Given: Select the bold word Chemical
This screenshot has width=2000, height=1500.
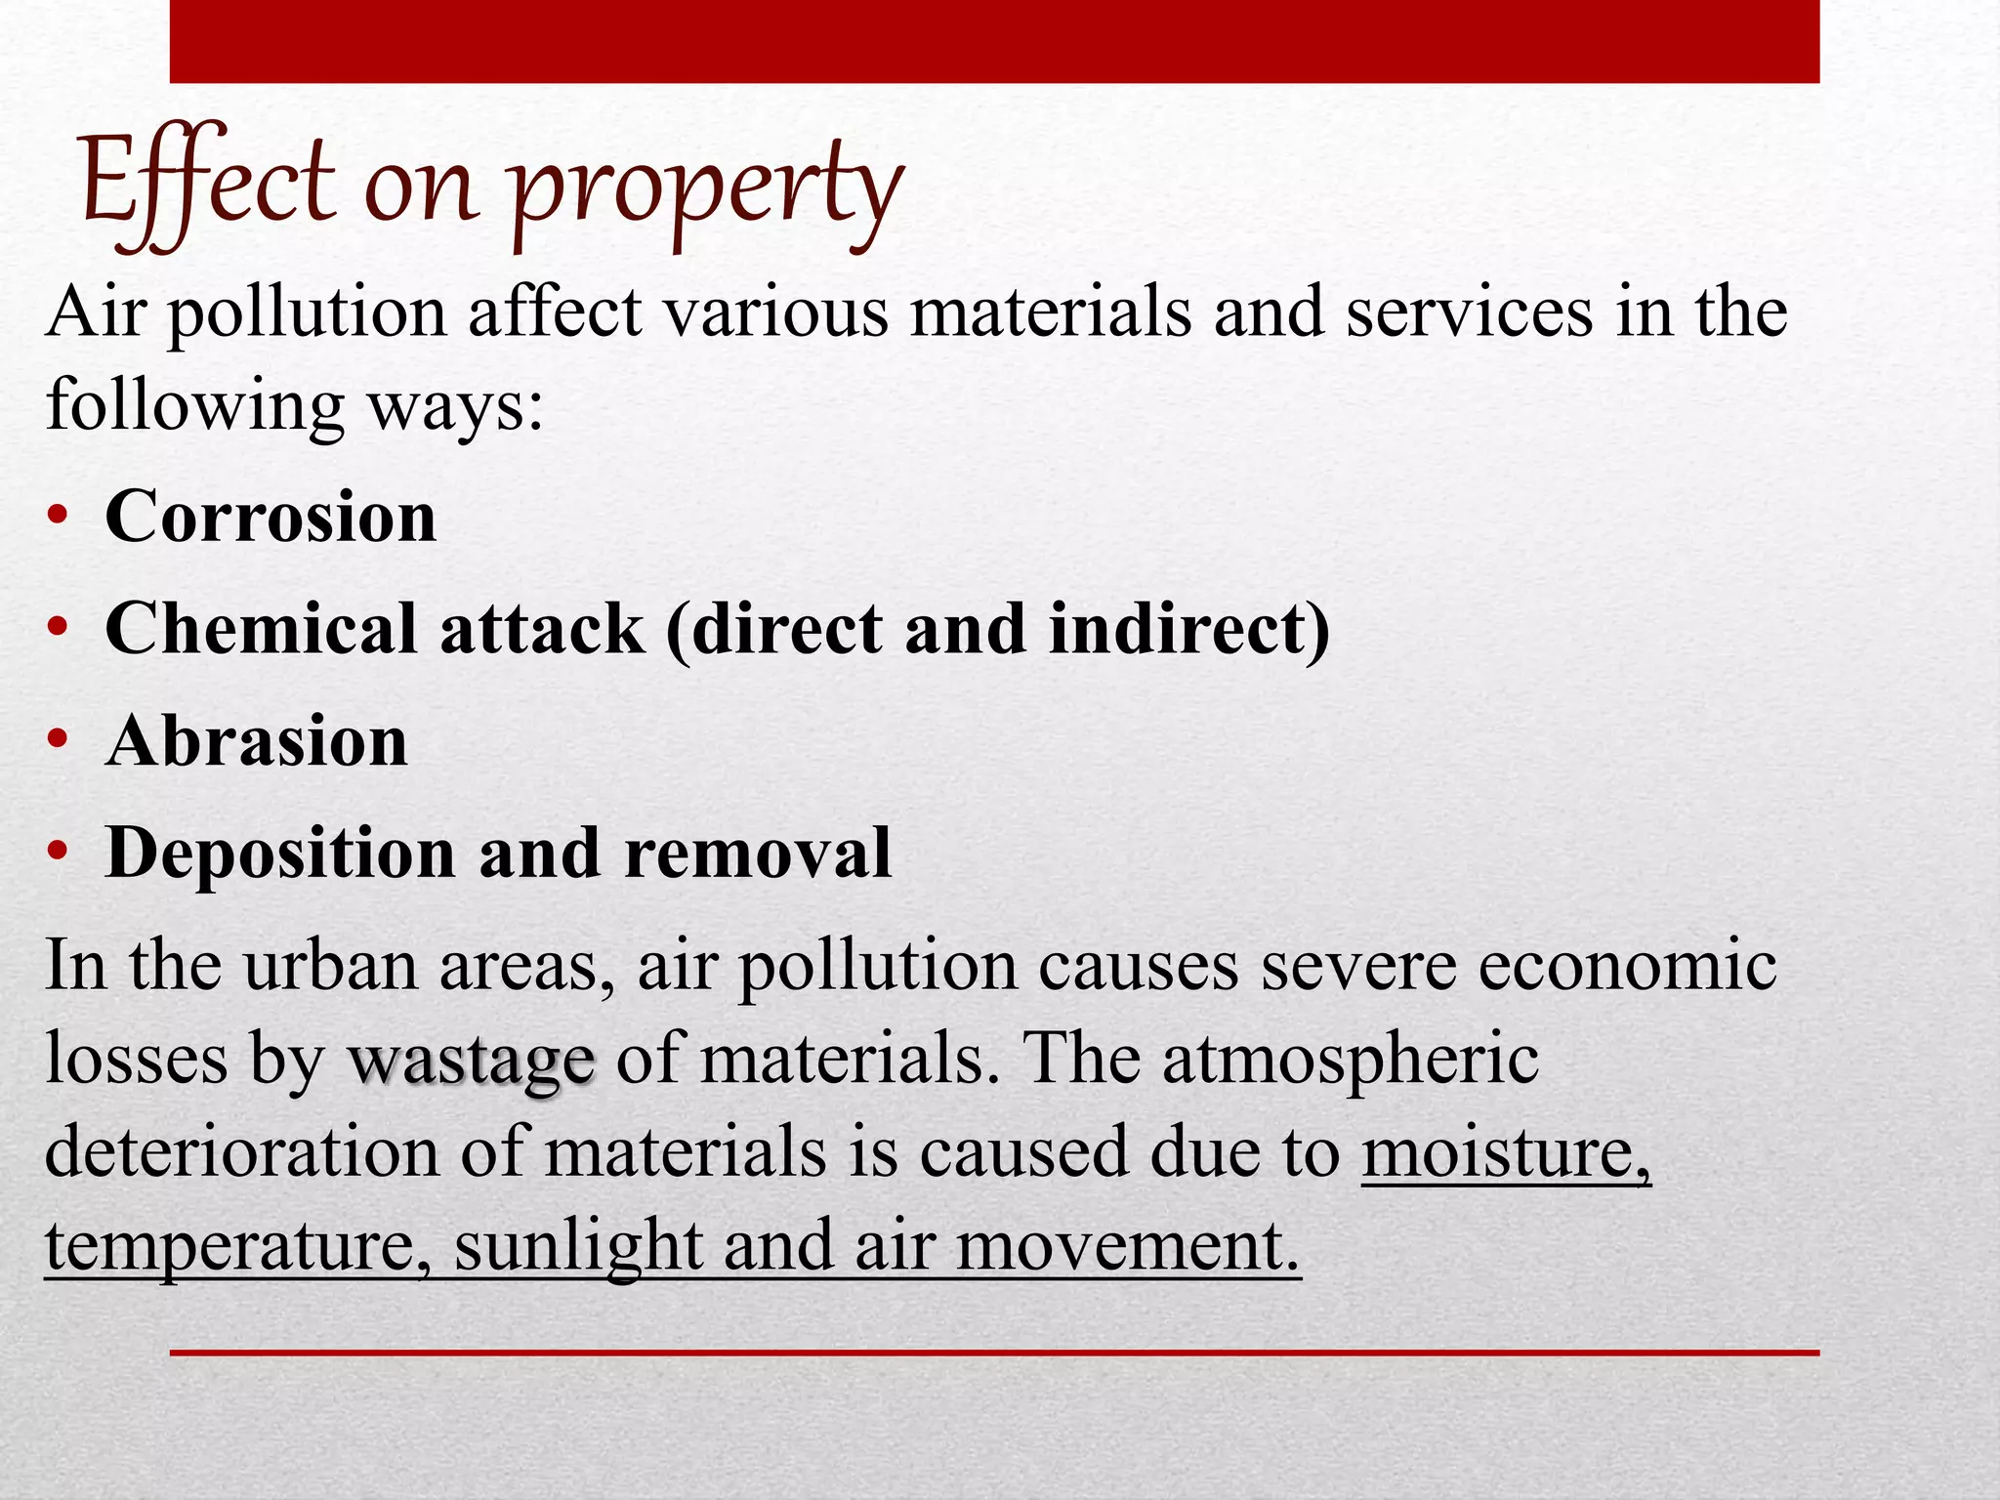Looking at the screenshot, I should [261, 628].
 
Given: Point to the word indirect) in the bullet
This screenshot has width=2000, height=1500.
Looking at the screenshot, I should [1189, 628].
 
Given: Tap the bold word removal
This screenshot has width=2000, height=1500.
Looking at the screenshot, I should [758, 853].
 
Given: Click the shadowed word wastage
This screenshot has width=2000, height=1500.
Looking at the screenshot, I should [472, 1061].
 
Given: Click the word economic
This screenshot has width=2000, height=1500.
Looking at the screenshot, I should [1627, 966].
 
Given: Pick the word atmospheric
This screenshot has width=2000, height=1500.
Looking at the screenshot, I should [1350, 1061].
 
